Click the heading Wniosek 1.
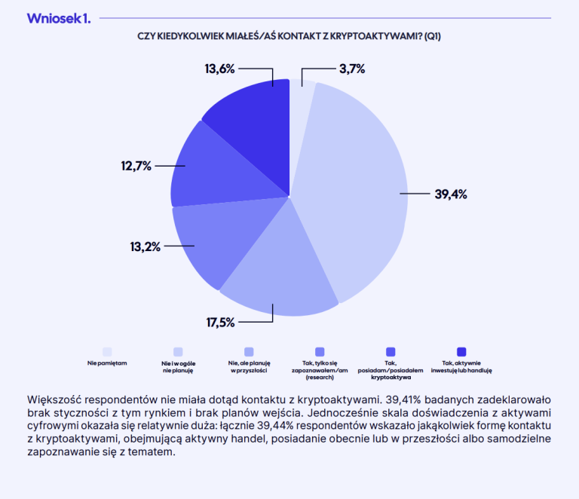coord(59,18)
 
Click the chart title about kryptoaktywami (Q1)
coord(289,36)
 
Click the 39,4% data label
coord(451,194)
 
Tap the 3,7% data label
coord(352,69)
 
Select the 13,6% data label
coord(220,68)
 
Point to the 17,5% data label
coord(221,322)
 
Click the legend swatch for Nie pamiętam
coord(107,351)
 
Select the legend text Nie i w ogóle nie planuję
coord(178,367)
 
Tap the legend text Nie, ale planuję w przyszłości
coord(249,367)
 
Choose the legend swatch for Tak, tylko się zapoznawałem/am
coord(320,351)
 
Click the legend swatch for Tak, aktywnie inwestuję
coord(461,351)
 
